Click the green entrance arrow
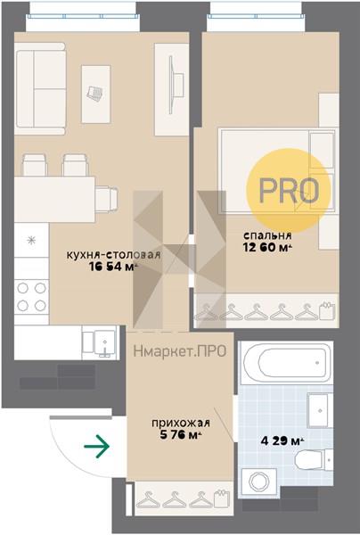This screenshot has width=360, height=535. tap(97, 446)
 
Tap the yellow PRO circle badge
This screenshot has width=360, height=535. tap(289, 191)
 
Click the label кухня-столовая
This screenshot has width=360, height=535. tap(113, 255)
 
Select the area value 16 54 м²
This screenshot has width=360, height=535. tap(113, 267)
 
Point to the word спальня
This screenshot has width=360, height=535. tap(267, 235)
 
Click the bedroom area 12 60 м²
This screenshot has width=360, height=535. tap(268, 247)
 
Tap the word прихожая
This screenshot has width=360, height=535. tap(181, 423)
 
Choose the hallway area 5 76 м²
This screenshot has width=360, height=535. tap(181, 435)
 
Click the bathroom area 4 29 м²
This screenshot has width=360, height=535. tap(282, 440)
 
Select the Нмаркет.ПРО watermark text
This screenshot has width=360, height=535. tap(180, 351)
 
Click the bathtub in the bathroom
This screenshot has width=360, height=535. tap(286, 363)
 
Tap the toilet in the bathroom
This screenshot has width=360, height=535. tap(314, 459)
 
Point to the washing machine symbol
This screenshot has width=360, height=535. tap(259, 481)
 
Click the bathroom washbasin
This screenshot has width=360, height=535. tap(319, 410)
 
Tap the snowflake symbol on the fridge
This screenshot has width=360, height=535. tap(31, 240)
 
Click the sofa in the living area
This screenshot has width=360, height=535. tap(40, 88)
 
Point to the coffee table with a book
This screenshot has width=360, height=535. tap(96, 95)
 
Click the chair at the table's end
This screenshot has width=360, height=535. tap(107, 199)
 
